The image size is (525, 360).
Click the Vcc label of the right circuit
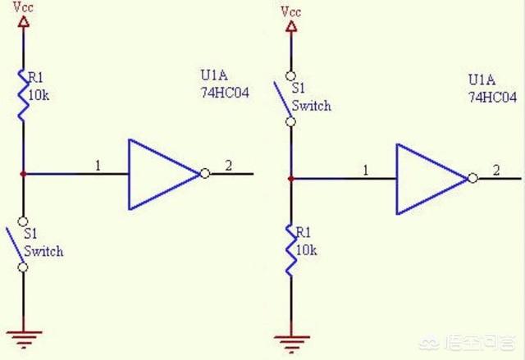[290, 11]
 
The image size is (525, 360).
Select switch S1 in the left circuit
[23, 246]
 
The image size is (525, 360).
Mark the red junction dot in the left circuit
[24, 174]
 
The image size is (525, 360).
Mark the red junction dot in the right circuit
[291, 178]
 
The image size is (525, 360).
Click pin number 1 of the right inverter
[366, 170]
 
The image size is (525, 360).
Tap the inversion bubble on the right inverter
[472, 179]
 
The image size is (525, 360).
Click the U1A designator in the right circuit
[482, 80]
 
